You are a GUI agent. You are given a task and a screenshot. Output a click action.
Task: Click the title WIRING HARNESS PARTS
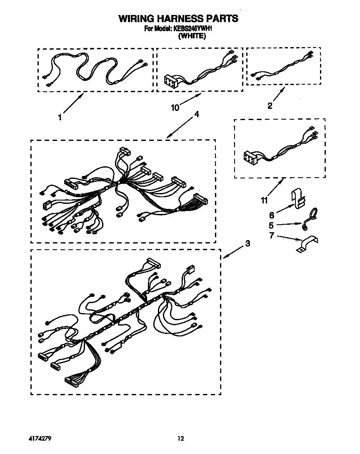[x=178, y=18]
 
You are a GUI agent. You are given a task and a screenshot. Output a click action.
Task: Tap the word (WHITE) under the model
[x=192, y=36]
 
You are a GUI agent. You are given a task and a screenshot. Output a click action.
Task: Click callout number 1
[x=60, y=118]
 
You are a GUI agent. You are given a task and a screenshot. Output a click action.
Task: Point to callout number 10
[x=175, y=108]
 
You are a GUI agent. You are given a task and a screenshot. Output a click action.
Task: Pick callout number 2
[x=270, y=106]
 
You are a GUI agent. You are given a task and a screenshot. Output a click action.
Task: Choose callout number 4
[x=196, y=115]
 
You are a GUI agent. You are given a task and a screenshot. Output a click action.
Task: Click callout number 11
[x=263, y=201]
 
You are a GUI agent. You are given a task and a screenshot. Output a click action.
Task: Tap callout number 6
[x=272, y=215]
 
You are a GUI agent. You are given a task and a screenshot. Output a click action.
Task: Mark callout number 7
[x=272, y=237]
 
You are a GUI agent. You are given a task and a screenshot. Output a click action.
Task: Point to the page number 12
[x=180, y=438]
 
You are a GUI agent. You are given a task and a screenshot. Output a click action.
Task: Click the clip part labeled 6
[x=298, y=198]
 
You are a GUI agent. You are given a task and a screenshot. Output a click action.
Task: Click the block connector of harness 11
[x=251, y=158]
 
